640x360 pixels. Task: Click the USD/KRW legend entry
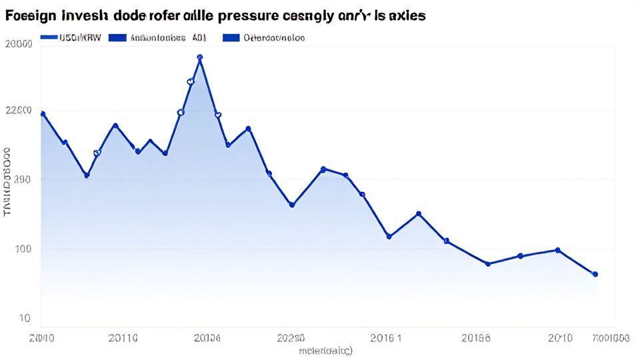(x=70, y=38)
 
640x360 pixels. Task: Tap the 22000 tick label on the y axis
(x=18, y=111)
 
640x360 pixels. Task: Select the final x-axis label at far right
(x=609, y=338)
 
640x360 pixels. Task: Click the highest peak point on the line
(x=200, y=57)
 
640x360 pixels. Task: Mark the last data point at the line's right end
(x=595, y=274)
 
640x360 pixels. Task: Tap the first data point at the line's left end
(x=43, y=114)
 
